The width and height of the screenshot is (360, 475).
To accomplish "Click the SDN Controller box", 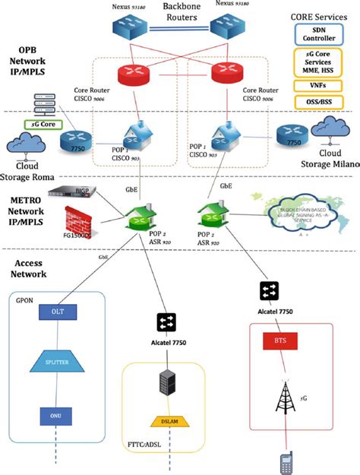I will (x=318, y=33).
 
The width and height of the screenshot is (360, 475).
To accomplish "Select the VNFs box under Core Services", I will (x=318, y=86).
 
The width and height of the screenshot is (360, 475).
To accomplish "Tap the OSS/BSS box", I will (x=318, y=102).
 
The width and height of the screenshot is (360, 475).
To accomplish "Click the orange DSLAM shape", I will (x=169, y=421).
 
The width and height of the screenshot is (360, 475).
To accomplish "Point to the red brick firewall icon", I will (x=78, y=226).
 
